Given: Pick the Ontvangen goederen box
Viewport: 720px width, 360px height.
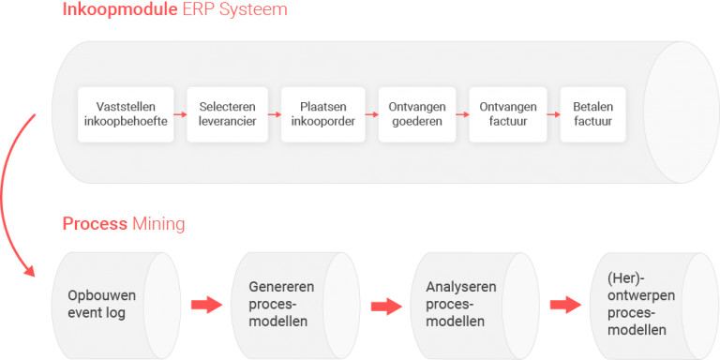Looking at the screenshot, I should (416, 114).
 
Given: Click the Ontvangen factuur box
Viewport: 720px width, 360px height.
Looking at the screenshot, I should (507, 114).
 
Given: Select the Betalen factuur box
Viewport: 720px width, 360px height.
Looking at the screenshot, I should (592, 114).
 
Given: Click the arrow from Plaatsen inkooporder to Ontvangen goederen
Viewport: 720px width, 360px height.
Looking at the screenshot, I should (369, 114).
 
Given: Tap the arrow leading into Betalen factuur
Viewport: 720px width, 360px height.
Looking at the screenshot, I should (551, 114).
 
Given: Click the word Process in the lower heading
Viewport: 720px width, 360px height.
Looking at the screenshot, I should (95, 224).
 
